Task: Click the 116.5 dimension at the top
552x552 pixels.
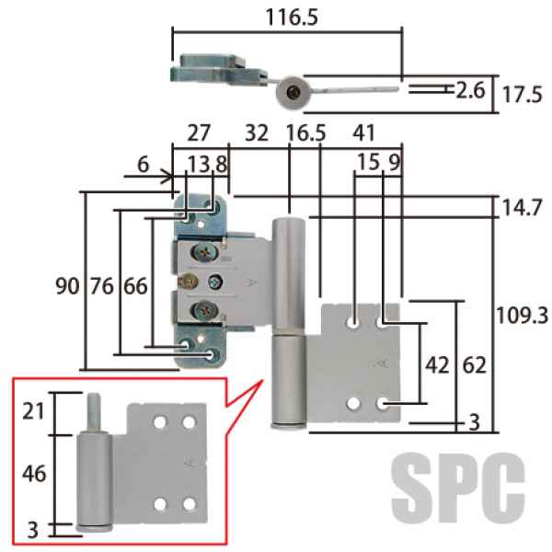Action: coord(286,17)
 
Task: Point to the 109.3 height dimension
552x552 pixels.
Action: coord(521,316)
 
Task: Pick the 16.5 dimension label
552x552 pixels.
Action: coord(305,133)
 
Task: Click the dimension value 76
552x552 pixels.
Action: coord(101,287)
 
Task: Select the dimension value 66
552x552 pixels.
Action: coord(135,287)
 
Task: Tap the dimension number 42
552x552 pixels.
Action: coord(436,364)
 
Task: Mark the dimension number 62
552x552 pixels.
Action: coord(475,364)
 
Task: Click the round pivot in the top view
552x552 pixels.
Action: coord(293,91)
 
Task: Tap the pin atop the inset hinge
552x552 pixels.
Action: coord(94,410)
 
